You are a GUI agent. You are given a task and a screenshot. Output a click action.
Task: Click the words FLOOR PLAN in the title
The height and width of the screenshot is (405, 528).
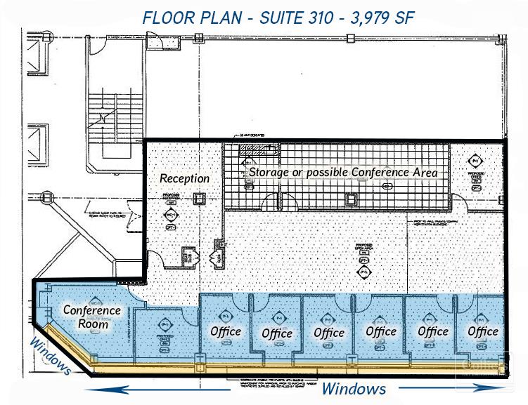pos(180,18)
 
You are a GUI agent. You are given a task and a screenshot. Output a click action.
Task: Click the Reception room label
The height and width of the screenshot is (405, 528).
pos(184,178)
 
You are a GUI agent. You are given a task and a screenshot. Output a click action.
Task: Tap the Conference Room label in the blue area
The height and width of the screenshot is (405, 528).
pos(92,317)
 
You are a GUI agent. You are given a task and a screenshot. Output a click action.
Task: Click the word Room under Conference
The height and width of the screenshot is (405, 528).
pos(93,324)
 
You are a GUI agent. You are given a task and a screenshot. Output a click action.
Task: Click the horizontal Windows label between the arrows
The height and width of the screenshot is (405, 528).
pos(354,388)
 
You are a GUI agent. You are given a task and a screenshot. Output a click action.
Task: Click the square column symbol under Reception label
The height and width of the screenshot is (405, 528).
pos(200,199)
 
